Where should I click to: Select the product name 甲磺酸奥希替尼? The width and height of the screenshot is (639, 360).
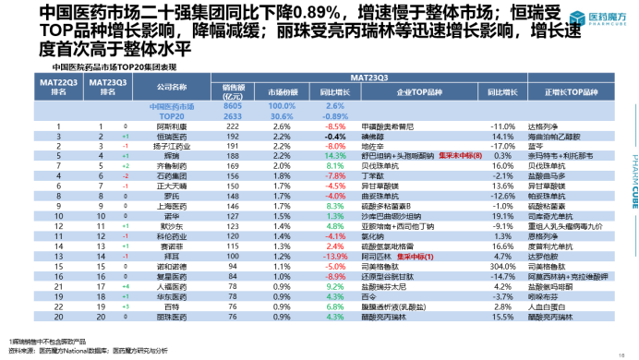(x=380, y=125)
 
